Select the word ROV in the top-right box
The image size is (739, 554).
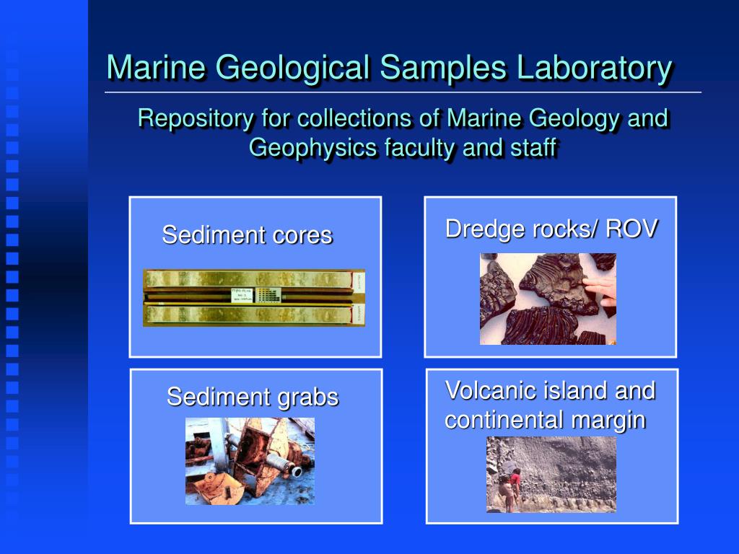coord(631,229)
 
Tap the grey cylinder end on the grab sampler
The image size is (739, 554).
coord(295,472)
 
